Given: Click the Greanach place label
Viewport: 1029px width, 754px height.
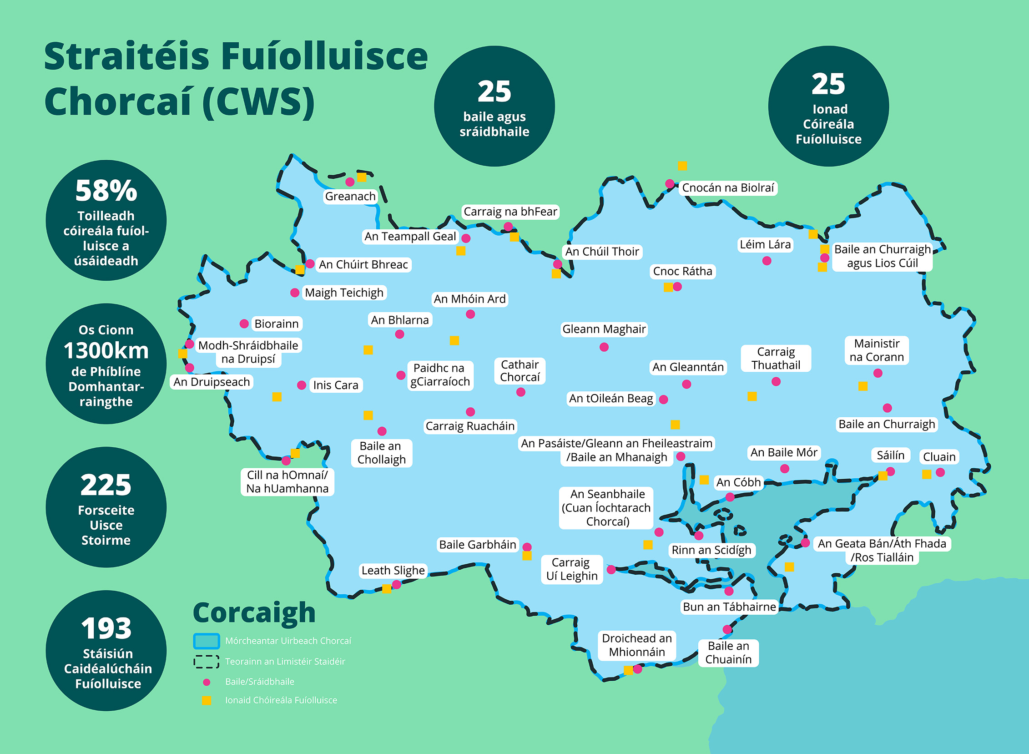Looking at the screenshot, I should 350,196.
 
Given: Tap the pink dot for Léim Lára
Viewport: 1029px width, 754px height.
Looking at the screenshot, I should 767,261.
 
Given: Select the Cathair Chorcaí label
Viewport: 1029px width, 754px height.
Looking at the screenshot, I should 520,370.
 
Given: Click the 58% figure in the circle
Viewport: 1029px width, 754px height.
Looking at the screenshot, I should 106,190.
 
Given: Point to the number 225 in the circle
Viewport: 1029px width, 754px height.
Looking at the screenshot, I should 106,485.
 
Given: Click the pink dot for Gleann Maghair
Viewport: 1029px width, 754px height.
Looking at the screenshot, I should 604,347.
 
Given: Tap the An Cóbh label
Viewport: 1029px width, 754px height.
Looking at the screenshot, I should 738,482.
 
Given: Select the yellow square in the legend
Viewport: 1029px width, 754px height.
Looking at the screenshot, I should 207,700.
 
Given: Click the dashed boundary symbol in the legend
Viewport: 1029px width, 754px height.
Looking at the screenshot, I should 206,661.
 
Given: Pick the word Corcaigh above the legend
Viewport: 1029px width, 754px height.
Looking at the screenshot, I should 254,612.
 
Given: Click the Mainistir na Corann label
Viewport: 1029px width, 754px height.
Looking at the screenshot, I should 877,350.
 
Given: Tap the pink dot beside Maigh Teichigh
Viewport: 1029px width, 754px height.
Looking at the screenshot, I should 295,293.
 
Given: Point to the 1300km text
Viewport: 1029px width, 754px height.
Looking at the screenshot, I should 106,350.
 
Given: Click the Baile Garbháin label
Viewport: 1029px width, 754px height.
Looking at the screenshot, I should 477,545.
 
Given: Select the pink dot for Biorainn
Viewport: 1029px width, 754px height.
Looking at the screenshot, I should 244,324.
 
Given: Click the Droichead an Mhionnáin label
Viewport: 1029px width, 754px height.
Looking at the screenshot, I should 636,645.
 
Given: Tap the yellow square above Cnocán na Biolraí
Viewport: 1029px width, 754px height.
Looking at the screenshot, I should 682,166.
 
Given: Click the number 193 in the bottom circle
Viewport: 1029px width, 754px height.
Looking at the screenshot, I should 106,628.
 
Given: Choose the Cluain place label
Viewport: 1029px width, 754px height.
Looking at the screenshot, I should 939,456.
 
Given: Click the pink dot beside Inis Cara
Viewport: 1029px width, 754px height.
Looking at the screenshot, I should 302,385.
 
